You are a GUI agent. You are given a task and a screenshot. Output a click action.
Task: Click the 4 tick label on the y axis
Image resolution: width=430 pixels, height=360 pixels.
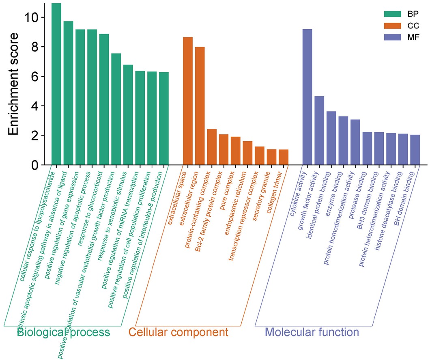point(35,106)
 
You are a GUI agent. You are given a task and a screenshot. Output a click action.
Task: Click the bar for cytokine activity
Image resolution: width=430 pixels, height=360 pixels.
point(307,97)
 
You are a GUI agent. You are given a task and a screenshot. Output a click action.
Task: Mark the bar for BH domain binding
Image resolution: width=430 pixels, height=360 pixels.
point(415,150)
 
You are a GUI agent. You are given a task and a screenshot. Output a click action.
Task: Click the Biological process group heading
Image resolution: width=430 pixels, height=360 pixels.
point(64,332)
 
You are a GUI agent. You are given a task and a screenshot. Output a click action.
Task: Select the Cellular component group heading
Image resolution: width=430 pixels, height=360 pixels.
point(178,332)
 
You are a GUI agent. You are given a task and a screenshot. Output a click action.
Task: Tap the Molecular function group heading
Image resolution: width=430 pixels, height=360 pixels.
point(312,332)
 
